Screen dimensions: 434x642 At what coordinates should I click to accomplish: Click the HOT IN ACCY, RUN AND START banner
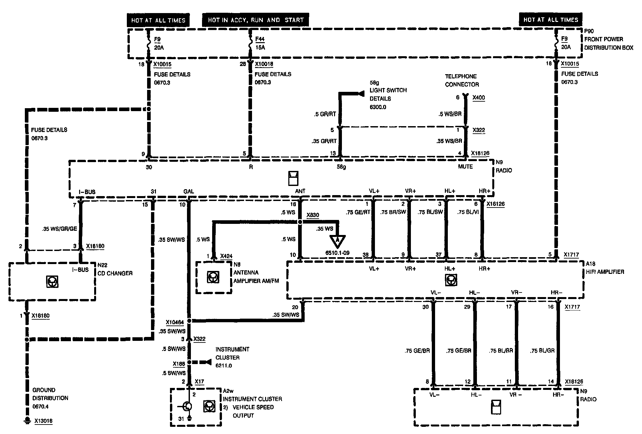click(x=256, y=20)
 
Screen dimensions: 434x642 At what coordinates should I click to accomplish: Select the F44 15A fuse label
click(x=260, y=43)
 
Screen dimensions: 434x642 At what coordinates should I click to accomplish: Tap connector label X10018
click(x=264, y=64)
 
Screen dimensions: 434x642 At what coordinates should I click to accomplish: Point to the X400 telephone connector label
click(x=479, y=97)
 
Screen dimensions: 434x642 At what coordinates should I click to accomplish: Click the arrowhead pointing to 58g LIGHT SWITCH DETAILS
click(x=361, y=94)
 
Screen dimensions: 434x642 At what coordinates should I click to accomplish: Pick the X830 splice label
click(x=313, y=215)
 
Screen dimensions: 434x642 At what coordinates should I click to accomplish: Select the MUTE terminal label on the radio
click(x=465, y=167)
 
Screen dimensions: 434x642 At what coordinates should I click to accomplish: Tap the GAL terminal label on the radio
click(x=189, y=192)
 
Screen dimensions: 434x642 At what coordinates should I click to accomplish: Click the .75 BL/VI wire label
click(x=468, y=212)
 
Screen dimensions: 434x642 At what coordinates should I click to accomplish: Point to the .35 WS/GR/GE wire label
click(x=59, y=229)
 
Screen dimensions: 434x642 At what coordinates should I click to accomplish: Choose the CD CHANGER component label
click(x=115, y=273)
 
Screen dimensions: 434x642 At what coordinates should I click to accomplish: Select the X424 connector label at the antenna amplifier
click(x=226, y=256)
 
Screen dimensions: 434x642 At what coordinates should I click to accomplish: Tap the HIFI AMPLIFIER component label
click(x=605, y=272)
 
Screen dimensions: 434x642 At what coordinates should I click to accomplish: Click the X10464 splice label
click(x=175, y=322)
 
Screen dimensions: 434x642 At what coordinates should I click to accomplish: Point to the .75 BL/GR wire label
click(x=542, y=351)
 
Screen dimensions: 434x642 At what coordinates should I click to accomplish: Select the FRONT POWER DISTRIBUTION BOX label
click(x=608, y=43)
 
